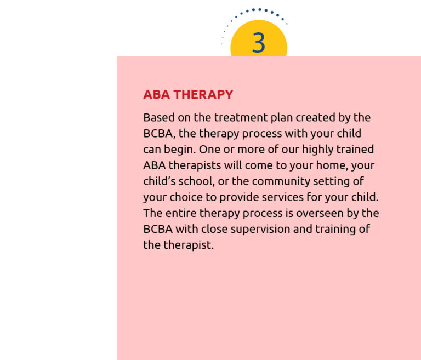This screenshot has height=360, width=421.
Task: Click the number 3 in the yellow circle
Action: point(259,43)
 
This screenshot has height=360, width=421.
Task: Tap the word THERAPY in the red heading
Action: point(203,95)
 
